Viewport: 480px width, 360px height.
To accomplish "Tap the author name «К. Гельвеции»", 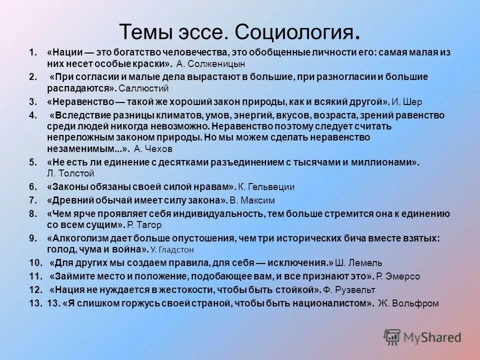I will coord(266,187).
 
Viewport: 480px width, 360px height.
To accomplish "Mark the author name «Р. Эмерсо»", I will coord(398,276).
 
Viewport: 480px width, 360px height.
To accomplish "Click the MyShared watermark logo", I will coord(422,337).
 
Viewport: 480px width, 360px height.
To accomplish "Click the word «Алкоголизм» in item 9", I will coord(72,238).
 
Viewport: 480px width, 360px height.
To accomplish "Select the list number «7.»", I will coord(33,200).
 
